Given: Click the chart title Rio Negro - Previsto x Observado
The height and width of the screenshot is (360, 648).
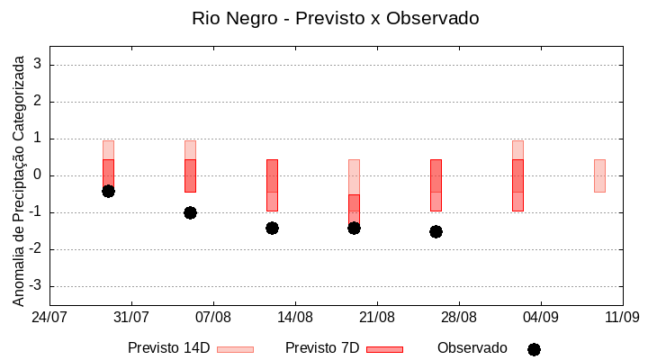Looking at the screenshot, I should click(x=335, y=18).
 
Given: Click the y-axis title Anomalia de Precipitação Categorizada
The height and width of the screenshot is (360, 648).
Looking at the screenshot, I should click(x=18, y=178).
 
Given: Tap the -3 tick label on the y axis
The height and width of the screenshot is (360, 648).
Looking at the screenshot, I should click(x=36, y=286).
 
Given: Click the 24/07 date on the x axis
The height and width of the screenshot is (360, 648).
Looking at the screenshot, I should click(x=49, y=317).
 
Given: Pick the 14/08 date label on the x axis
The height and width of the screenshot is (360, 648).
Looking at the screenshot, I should click(x=295, y=317).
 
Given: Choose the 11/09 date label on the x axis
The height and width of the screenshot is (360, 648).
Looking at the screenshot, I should click(x=622, y=317).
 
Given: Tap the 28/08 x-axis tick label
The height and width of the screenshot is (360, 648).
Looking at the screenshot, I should click(x=459, y=317).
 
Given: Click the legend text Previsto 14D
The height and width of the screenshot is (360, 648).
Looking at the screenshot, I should click(x=168, y=348).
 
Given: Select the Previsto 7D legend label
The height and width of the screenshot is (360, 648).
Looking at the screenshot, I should click(x=322, y=348).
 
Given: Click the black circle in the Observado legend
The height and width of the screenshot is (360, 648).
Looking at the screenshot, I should click(x=534, y=349).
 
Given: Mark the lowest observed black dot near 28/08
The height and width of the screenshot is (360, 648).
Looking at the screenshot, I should click(x=436, y=231).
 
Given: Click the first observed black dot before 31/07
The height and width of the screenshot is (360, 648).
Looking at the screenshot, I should click(x=108, y=191).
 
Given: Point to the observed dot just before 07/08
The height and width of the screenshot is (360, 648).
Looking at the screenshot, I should click(x=190, y=212).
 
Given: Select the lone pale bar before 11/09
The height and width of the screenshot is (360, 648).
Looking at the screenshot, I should click(x=599, y=175).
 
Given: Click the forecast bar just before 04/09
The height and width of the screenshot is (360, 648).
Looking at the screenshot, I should click(x=517, y=184).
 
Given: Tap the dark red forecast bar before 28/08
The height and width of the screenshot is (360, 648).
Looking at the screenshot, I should click(x=436, y=184).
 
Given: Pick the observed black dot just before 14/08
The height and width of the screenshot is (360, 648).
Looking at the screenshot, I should click(x=272, y=228).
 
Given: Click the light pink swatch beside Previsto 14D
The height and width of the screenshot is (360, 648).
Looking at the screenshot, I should click(x=235, y=349).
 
